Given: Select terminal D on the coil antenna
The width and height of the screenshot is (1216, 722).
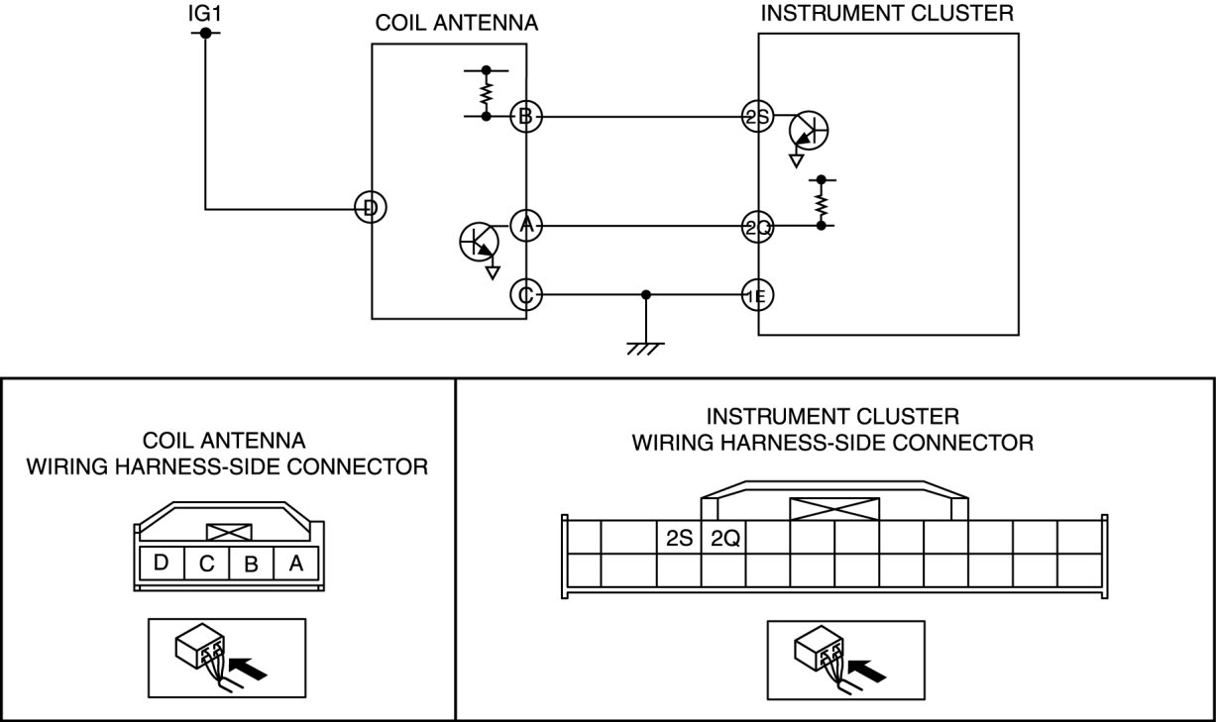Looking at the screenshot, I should coord(371,208).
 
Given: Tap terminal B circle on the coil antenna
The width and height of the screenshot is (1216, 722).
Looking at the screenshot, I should coord(525,117).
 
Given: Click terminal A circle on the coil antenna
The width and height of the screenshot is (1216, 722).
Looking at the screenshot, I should coord(525,226).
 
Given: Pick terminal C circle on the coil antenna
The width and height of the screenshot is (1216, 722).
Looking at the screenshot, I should coord(525,294).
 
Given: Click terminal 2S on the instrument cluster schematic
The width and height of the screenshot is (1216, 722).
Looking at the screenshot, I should coord(758,117).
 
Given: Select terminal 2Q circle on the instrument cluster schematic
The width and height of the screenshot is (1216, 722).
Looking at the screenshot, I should coord(758,226).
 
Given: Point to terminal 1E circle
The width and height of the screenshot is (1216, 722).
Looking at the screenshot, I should coord(758,294).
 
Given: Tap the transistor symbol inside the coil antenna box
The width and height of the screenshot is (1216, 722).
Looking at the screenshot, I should coord(480,242).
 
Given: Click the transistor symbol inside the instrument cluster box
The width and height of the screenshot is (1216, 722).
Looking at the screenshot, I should coord(809,130).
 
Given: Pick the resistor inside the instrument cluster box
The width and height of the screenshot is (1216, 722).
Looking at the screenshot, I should coord(821,203).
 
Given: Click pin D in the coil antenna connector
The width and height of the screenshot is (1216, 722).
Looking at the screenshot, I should coord(162,563).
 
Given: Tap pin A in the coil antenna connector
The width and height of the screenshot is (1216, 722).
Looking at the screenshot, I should coord(295,563).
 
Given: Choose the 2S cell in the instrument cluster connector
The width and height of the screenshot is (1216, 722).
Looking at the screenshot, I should coord(679,539).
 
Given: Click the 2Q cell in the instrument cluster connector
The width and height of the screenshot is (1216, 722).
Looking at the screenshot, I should coord(724,539).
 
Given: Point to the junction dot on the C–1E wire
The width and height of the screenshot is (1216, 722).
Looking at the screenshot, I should coord(646,294).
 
